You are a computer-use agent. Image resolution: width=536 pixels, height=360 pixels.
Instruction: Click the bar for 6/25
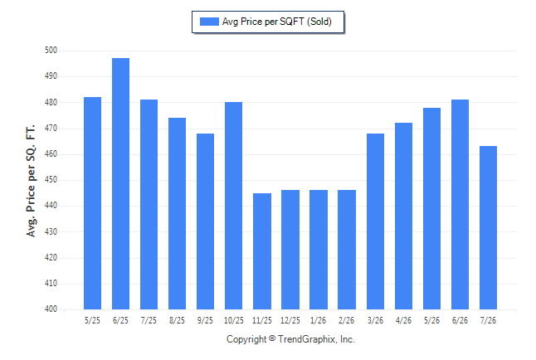pos(120,183)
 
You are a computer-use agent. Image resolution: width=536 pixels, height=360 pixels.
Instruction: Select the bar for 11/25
pos(262,251)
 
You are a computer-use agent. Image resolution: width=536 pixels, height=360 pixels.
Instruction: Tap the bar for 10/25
pos(233,206)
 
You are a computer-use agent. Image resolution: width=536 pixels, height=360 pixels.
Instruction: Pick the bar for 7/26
pos(488,227)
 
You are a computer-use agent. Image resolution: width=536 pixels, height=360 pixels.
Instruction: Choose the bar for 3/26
pos(375,221)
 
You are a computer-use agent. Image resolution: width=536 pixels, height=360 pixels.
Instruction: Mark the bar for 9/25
pos(206,221)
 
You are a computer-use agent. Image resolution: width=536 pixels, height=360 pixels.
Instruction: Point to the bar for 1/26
pos(319,250)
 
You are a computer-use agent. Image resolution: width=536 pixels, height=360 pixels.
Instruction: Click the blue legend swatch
pos(209,22)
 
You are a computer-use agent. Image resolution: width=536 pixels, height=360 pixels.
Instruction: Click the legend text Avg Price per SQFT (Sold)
pos(277,22)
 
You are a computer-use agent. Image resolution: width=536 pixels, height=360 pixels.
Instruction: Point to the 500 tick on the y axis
pos(51,51)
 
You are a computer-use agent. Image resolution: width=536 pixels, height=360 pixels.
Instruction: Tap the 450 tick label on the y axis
pos(51,180)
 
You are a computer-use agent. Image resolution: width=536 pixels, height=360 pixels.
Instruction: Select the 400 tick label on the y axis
pos(51,309)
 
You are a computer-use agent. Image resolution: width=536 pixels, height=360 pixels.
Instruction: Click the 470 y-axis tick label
pos(51,129)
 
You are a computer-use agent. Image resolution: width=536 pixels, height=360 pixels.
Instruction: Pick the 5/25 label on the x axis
pos(92,320)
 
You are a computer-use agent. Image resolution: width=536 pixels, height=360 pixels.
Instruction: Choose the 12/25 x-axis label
pos(290,320)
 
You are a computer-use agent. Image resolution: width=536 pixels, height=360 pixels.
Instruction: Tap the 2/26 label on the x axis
pos(346,320)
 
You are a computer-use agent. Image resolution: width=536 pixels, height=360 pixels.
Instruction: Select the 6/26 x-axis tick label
pos(460,320)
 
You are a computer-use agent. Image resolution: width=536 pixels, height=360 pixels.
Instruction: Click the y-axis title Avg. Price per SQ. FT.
pos(31,181)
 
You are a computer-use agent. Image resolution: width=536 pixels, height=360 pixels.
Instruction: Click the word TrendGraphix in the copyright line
pos(307,339)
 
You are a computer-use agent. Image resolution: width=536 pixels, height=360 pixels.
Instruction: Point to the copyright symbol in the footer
pos(272,338)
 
